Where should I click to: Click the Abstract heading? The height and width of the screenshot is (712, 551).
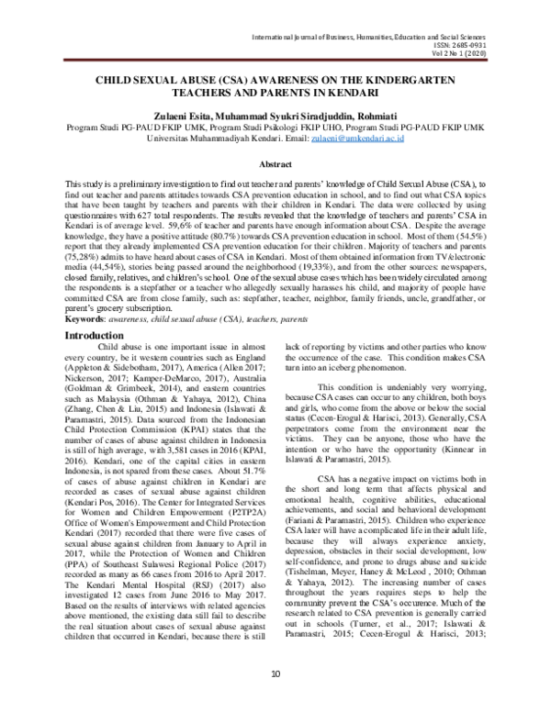tap(275, 163)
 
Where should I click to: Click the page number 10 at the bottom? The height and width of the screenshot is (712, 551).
tap(275, 700)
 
